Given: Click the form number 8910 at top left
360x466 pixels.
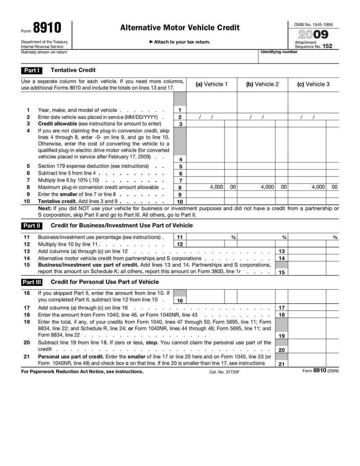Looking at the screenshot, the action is tap(47, 28).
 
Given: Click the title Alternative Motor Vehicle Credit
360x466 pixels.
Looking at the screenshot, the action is tap(180, 28).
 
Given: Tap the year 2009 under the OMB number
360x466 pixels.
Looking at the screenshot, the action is tap(313, 34).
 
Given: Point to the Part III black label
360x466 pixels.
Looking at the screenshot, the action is tap(31, 282).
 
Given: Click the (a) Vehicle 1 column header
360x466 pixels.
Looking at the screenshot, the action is tap(211, 84).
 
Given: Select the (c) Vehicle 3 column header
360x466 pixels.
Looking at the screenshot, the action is tap(313, 84).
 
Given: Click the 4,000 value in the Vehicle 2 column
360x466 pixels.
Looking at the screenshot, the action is tap(267, 187).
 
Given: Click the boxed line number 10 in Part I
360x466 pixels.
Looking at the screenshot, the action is tap(180, 202).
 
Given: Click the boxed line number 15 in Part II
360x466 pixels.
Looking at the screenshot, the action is tap(281, 272).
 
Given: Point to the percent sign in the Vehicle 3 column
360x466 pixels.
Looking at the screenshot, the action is tap(335, 237).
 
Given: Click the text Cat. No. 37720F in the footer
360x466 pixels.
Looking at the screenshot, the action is tap(224, 372).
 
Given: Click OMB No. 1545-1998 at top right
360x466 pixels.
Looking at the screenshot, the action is tap(313, 24).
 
